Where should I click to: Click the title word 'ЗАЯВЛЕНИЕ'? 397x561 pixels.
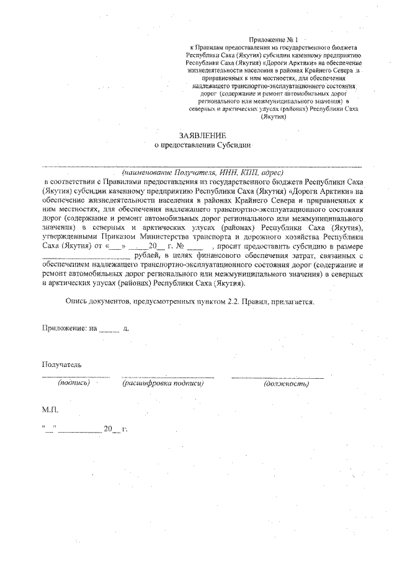(x=201, y=135)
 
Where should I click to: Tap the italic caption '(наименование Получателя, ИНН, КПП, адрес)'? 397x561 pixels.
(x=202, y=172)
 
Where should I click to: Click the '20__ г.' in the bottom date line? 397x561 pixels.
(x=115, y=428)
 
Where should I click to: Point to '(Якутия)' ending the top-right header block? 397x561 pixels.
(x=273, y=116)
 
